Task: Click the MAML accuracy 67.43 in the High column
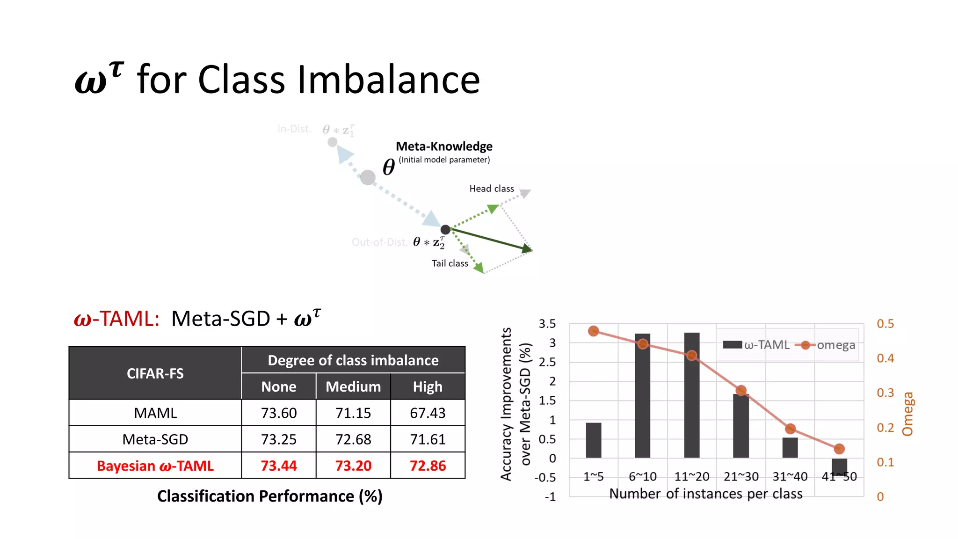[428, 413]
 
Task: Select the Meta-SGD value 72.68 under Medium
[353, 439]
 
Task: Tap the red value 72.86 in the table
[428, 466]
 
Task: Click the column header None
[279, 386]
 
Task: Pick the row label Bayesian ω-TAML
[155, 466]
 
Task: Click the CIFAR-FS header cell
[155, 373]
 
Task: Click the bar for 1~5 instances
[593, 440]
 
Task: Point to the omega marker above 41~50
[839, 449]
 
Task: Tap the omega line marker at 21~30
[741, 390]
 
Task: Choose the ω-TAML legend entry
[756, 345]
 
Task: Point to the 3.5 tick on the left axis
[547, 324]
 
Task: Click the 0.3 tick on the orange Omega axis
[885, 393]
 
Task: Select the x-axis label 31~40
[790, 476]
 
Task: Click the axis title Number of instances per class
[705, 494]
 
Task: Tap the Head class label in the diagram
[492, 189]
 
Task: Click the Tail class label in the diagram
[450, 263]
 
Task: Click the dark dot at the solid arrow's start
[445, 229]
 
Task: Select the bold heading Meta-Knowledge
[444, 146]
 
